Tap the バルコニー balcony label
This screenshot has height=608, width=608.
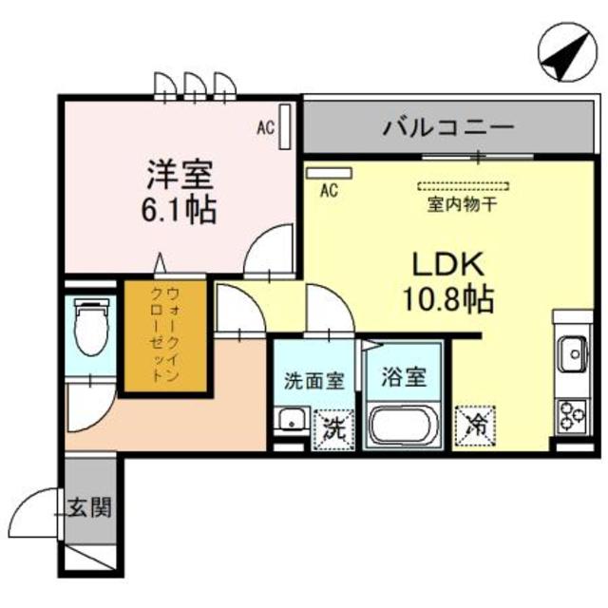pos(448,125)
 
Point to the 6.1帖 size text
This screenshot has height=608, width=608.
pos(180,208)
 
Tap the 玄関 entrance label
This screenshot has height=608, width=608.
pos(91,505)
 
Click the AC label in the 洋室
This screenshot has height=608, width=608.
pos(266,124)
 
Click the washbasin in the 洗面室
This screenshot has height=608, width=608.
pos(290,419)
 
